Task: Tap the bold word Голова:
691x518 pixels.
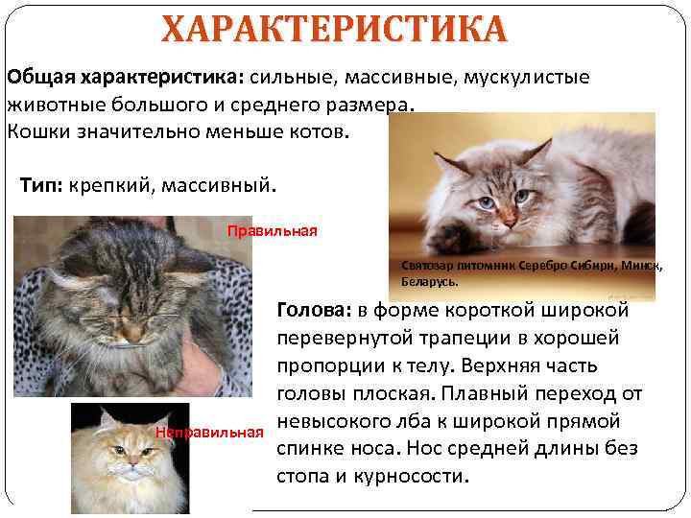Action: tap(314, 310)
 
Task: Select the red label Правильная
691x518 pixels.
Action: tap(272, 230)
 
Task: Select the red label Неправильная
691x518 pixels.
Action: tap(208, 434)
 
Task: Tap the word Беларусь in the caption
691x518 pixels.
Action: tap(428, 283)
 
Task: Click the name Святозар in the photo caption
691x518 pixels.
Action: tap(425, 265)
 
